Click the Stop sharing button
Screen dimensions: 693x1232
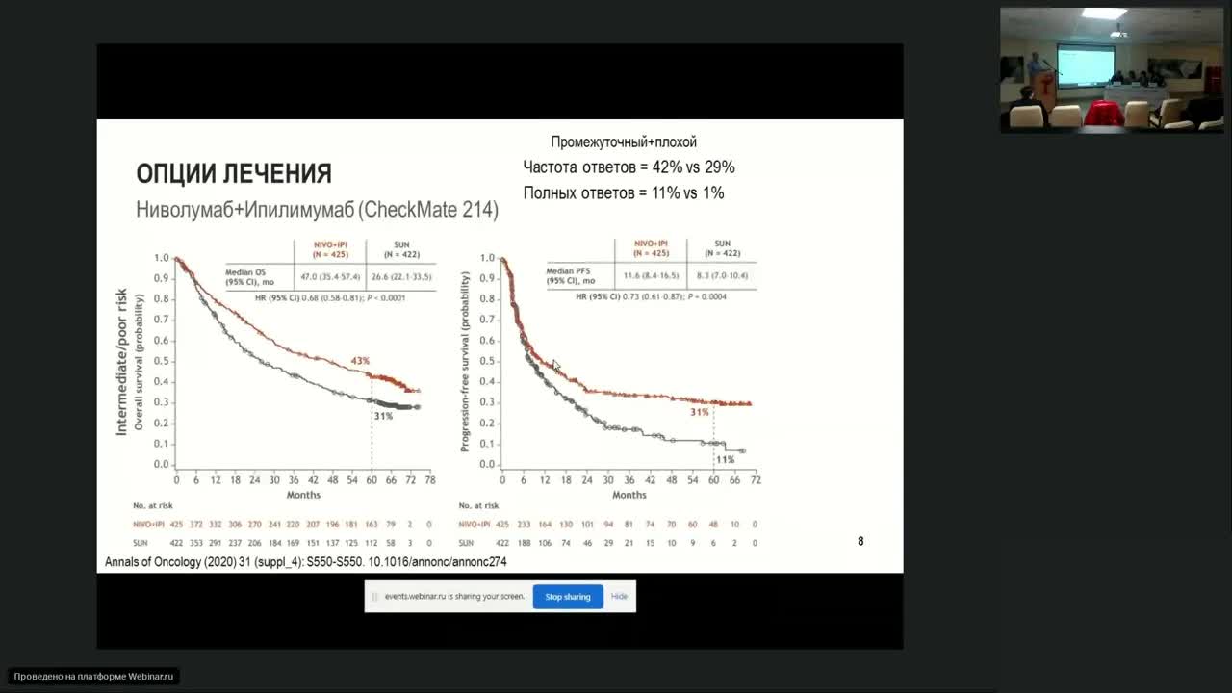[568, 597]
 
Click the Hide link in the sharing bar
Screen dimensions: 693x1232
[619, 597]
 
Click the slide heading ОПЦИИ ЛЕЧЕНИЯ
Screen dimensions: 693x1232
[234, 174]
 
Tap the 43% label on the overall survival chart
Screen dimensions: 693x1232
[360, 361]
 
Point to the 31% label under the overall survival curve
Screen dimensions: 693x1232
[383, 416]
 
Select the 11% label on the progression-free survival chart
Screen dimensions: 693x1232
[725, 460]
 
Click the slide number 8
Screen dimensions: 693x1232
[860, 542]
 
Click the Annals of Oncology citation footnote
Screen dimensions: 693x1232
[305, 561]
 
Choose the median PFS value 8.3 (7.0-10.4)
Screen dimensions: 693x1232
[721, 276]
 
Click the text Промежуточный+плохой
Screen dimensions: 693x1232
[624, 142]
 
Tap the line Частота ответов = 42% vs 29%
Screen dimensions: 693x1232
[629, 167]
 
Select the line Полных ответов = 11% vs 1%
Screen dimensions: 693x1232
[624, 193]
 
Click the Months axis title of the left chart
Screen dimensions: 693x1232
[303, 495]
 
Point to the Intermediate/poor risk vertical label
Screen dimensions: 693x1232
[122, 361]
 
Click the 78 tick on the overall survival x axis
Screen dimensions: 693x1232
[430, 479]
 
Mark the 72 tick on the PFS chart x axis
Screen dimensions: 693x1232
[756, 479]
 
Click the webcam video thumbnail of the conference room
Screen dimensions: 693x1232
[1112, 69]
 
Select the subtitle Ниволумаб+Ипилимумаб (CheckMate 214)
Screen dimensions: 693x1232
[318, 209]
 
